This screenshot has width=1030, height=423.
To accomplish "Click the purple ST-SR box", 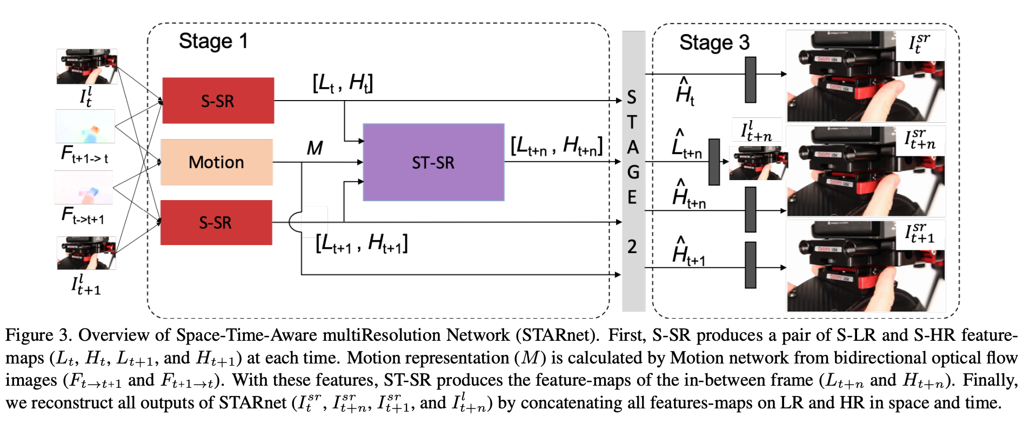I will pos(433,162).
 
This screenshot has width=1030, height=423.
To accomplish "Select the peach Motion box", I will pos(217,162).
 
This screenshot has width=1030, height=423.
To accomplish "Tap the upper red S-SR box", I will pos(218,101).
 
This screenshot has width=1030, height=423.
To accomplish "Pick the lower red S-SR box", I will pos(216,222).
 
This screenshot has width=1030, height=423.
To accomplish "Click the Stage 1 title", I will pos(213,41).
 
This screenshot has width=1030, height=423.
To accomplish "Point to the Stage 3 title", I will pos(714,42).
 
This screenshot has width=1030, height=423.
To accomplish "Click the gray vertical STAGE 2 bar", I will pos(633,171).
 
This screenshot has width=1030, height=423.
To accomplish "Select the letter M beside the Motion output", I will pos(315,148).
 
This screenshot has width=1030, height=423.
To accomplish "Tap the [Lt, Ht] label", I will pos(343,83).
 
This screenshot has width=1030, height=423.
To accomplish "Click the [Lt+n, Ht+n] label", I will pos(556,146).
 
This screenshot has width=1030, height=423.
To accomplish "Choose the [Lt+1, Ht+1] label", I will pos(362,243).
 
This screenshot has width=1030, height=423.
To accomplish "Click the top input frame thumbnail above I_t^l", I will pos(86,67).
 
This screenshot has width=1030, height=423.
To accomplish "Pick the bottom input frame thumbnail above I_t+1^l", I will pos(86,253).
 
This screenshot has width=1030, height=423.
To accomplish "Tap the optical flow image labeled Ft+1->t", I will pos(85,127).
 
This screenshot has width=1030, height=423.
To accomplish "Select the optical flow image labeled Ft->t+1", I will pos(84,188).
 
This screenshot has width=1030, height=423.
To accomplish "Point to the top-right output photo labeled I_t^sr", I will pos(865,76).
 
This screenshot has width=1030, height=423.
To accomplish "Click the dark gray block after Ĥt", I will pos(750,80).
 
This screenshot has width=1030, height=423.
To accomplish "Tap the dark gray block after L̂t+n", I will pos(714,162).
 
